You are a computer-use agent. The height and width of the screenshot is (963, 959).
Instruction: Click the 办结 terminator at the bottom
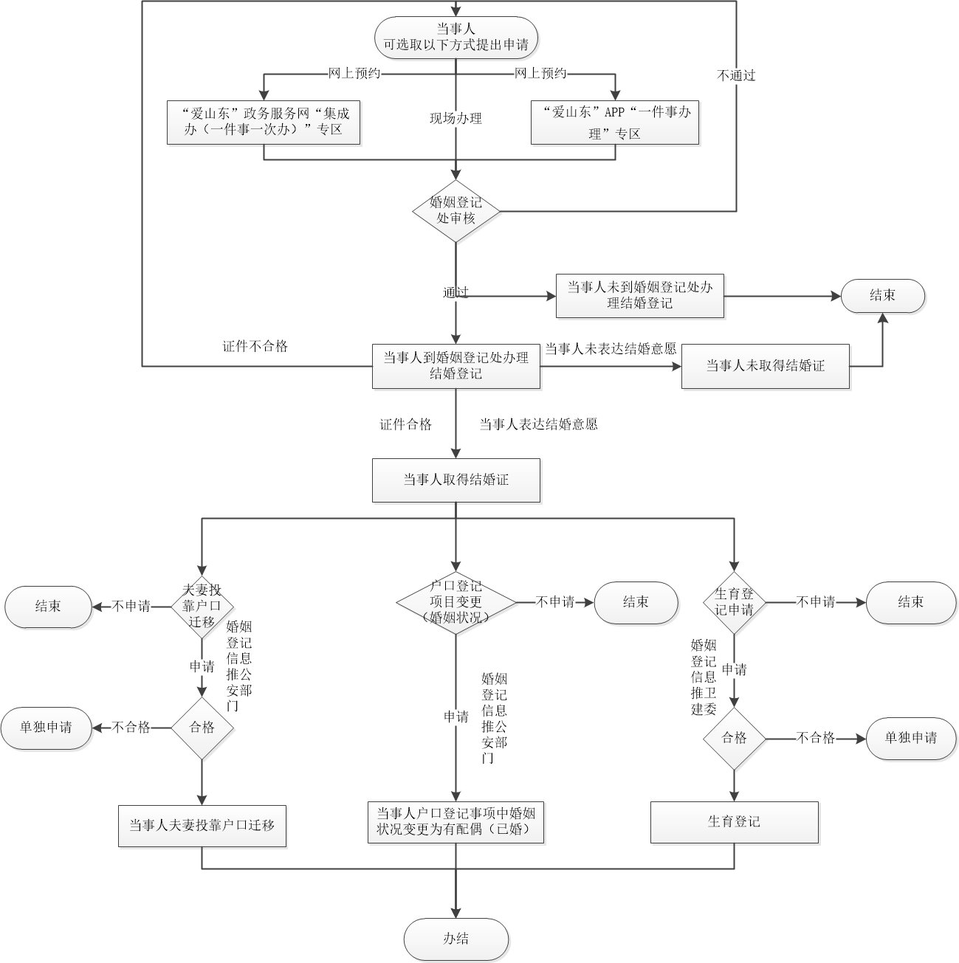coord(456,939)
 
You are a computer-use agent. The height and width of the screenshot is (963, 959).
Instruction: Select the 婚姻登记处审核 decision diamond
coord(456,211)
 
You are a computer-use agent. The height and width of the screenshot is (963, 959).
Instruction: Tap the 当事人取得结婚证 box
coord(456,480)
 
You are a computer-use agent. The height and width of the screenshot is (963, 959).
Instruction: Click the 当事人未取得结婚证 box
coord(765,366)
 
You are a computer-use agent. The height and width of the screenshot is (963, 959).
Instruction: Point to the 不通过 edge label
coord(736,75)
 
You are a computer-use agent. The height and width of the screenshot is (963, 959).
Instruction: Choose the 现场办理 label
coord(456,118)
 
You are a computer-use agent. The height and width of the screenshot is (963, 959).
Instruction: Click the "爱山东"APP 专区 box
coord(614,122)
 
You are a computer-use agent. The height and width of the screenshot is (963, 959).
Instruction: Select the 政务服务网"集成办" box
coord(264,122)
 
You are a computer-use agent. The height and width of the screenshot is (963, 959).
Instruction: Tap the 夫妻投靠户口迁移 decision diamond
coord(202,606)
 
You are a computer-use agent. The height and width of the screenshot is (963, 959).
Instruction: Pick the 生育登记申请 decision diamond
coord(734,602)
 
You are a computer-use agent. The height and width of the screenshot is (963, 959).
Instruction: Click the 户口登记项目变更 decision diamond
coord(456,601)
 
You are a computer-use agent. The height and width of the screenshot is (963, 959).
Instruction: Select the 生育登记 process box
coord(734,822)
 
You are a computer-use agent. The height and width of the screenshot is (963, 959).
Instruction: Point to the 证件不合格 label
coord(255,346)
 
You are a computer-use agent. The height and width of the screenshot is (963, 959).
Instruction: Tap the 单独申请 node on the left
coord(47,728)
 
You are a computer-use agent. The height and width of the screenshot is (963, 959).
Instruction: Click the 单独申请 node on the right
coord(910,738)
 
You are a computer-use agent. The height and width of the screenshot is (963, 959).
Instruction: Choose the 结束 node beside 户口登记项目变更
coord(636,602)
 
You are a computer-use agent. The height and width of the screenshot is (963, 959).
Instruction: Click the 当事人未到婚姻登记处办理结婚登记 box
coord(639,296)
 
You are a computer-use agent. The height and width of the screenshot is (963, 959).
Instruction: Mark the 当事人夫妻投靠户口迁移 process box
coord(202,826)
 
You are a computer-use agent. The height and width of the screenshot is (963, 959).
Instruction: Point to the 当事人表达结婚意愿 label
coord(538,424)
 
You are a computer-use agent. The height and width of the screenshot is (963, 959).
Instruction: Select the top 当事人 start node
coord(456,36)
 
